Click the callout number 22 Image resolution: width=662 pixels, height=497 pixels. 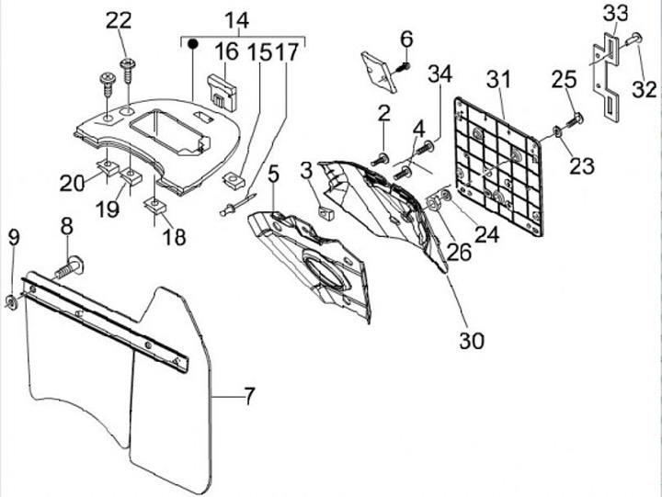(119, 21)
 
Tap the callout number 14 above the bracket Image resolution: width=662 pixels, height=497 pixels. (237, 20)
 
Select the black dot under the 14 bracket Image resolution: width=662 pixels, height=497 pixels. (192, 43)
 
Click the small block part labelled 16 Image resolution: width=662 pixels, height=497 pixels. (223, 93)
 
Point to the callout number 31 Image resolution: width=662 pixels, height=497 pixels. (498, 80)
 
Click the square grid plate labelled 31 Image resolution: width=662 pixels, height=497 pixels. (498, 165)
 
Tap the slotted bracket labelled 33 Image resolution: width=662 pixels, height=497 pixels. (606, 78)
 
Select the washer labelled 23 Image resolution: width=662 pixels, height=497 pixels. (557, 131)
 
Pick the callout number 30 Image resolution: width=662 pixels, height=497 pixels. (472, 340)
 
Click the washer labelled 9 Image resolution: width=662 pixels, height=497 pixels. (11, 302)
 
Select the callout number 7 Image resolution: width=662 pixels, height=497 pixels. (249, 396)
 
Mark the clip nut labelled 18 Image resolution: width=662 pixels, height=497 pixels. (155, 207)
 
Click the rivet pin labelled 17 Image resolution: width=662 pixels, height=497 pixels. (238, 204)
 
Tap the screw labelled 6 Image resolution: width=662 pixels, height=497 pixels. (402, 67)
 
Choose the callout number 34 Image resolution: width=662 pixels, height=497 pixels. (440, 73)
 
